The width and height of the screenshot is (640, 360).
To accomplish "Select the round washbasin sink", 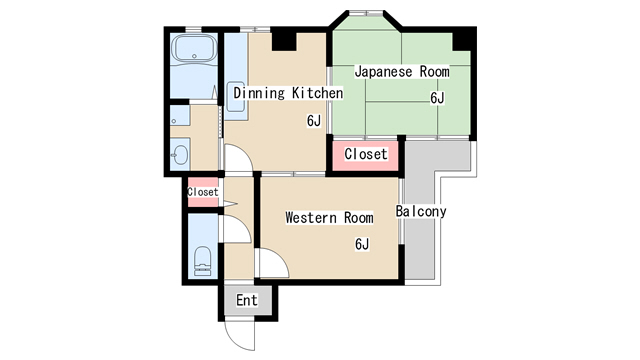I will (x=179, y=154).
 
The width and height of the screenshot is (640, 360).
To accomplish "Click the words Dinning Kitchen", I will (x=288, y=93).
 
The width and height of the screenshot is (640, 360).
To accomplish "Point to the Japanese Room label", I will (x=402, y=72).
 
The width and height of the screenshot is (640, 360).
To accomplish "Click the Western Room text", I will (x=329, y=217).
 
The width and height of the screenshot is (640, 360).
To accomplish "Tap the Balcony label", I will (x=420, y=212).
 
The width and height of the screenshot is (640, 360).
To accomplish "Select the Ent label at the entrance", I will (x=246, y=300).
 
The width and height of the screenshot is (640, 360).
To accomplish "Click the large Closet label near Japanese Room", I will (x=365, y=155).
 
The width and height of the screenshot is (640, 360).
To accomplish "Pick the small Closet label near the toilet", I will (x=202, y=192).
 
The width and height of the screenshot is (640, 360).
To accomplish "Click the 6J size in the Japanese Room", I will (x=437, y=98).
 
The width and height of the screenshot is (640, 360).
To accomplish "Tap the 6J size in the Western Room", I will (x=362, y=244).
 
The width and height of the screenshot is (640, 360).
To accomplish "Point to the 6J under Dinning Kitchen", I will (x=314, y=121).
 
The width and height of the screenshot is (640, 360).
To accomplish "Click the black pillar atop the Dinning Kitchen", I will (x=284, y=40).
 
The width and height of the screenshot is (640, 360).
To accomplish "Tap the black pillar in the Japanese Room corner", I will (x=462, y=40).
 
